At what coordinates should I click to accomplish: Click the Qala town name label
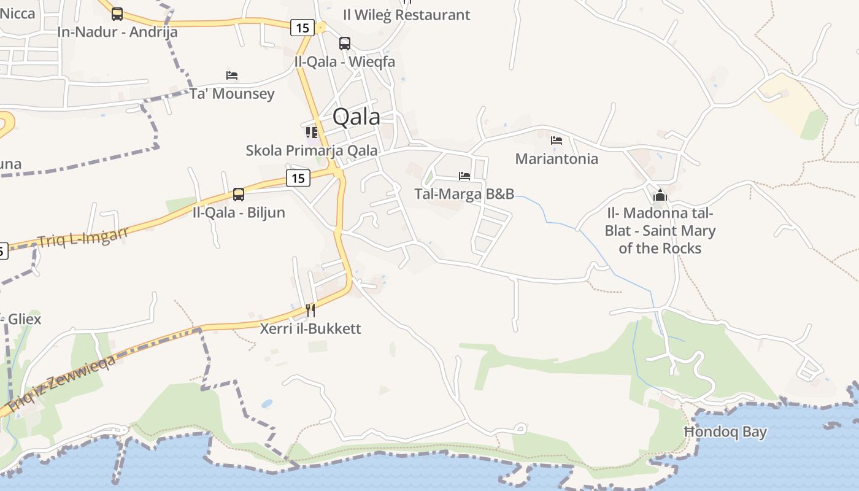356,117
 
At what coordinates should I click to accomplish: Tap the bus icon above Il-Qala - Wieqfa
345,44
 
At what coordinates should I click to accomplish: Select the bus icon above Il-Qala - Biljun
239,195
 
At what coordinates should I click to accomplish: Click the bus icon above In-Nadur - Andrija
117,14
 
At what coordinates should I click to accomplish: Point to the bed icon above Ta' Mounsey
232,75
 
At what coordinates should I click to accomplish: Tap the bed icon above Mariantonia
557,141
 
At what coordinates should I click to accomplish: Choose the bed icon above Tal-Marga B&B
464,176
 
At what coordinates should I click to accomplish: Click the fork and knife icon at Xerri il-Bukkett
310,310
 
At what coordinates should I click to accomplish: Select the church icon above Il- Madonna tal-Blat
660,196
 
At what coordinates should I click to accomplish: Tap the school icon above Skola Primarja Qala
312,132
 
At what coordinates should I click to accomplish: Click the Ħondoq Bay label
725,432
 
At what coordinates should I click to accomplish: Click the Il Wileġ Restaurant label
406,15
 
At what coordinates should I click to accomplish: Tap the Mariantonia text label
557,159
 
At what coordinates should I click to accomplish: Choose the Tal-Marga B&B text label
464,194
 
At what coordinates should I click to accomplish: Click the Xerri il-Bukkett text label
310,328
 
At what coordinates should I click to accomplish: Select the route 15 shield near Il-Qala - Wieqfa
302,28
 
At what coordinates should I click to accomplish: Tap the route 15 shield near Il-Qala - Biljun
298,179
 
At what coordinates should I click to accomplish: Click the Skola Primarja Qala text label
312,150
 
